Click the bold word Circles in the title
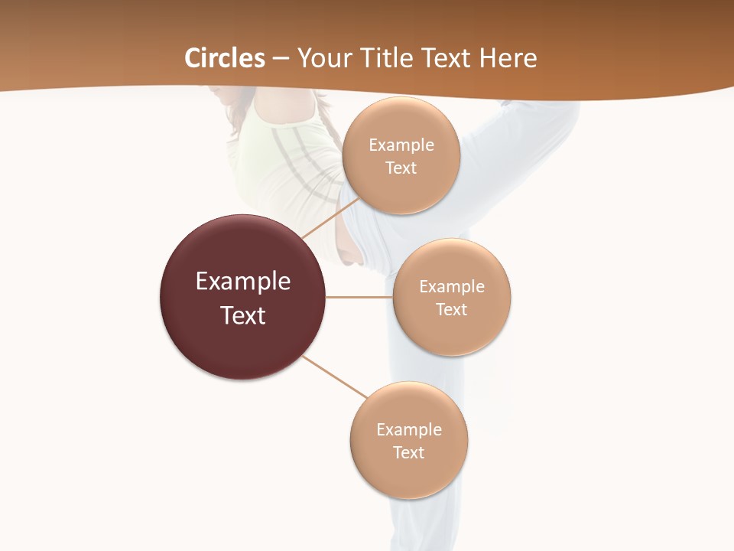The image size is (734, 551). [225, 58]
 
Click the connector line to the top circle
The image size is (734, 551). [323, 223]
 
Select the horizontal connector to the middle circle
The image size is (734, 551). [359, 297]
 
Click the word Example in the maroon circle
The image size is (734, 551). [243, 282]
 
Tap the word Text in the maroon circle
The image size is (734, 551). [243, 315]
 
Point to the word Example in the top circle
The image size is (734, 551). [401, 145]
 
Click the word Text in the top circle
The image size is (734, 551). [401, 168]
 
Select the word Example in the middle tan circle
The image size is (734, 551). [452, 287]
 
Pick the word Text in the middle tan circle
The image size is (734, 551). [452, 309]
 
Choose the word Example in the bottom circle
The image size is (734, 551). [409, 430]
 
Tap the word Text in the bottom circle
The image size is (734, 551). [409, 452]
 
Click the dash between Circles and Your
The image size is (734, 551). [281, 58]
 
